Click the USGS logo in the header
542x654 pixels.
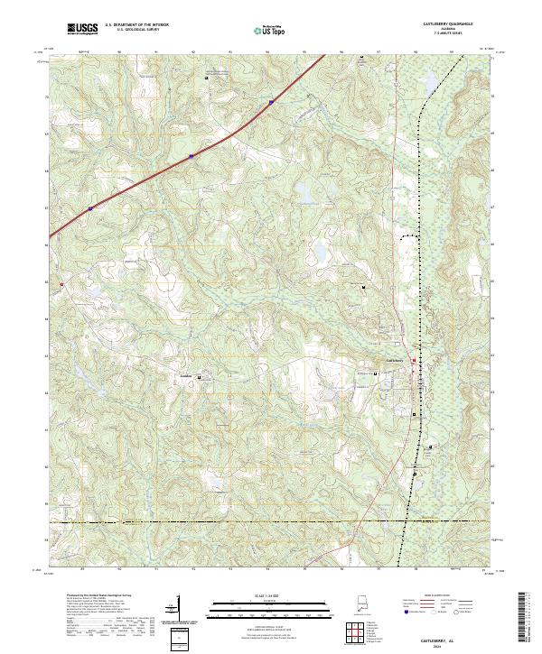pos(82,28)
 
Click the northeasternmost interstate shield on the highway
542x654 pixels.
pos(271,103)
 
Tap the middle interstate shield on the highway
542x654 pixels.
pos(192,156)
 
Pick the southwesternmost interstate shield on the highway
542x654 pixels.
pos(90,208)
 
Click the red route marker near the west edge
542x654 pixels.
pos(61,285)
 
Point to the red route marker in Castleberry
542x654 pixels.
pos(415,362)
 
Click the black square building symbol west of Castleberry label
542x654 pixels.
pos(377,364)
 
